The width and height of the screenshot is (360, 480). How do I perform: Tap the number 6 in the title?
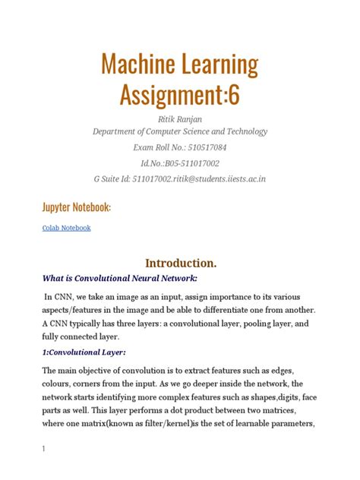(234, 95)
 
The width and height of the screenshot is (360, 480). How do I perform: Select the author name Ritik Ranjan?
(179, 118)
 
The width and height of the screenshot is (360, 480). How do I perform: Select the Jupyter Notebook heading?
(76, 207)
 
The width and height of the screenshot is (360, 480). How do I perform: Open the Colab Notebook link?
(66, 227)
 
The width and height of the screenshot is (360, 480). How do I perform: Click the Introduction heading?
(180, 263)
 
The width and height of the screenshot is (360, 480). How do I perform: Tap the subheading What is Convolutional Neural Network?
(122, 278)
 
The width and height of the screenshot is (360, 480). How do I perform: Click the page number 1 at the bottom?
(44, 449)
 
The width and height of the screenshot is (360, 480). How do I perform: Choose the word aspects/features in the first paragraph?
(81, 312)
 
